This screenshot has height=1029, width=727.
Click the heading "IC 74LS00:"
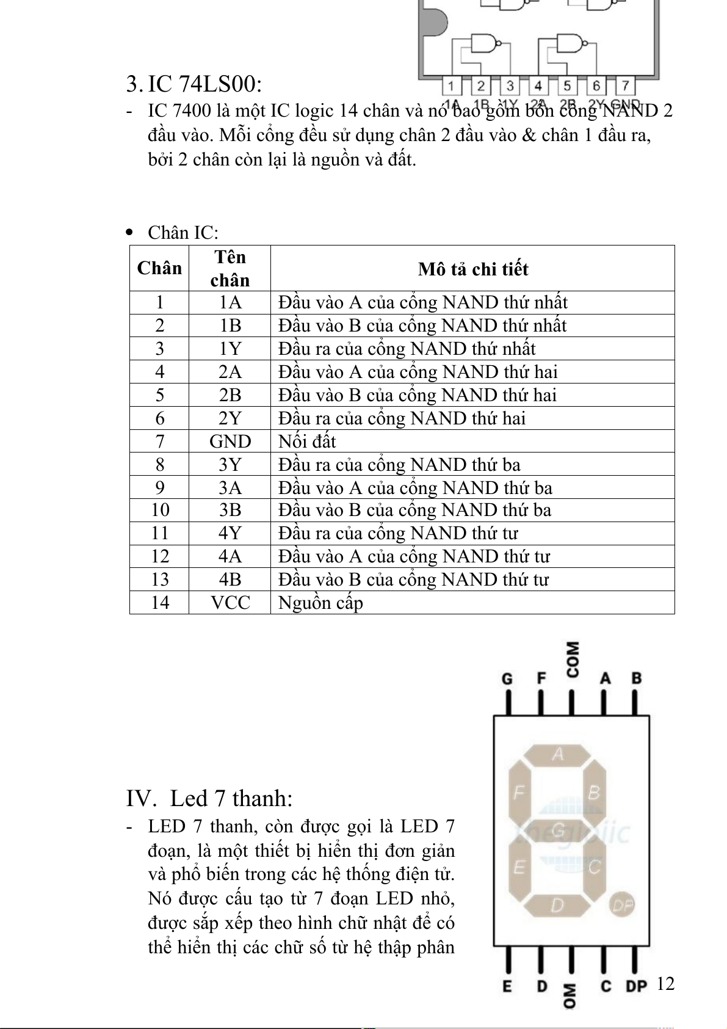coord(204,84)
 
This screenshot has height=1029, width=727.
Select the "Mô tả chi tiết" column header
coord(472,269)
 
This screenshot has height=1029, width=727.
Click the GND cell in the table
coord(230,441)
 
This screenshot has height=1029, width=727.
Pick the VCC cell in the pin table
coord(230,602)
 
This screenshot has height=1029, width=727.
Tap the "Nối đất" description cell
coord(307,441)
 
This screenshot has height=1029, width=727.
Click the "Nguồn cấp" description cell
coord(320,602)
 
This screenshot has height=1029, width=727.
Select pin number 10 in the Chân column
coord(159,510)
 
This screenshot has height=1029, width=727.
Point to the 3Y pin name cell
coord(230,464)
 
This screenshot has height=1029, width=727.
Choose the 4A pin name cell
coord(230,556)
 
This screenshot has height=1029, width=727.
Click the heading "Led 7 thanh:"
coord(231,798)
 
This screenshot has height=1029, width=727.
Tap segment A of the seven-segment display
coord(557,755)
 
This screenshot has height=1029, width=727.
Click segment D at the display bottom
coord(557,905)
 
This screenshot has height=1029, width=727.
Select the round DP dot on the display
coord(622,904)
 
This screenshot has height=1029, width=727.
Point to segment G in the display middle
coord(557,830)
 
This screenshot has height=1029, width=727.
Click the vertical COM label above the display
coord(572,659)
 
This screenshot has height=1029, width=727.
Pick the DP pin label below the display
coord(635,986)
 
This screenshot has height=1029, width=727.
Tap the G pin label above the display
coord(507,678)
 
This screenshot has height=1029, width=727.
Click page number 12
coord(665,983)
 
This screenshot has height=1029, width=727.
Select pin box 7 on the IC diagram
coord(625,85)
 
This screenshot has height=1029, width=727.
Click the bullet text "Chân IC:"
coord(183,233)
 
